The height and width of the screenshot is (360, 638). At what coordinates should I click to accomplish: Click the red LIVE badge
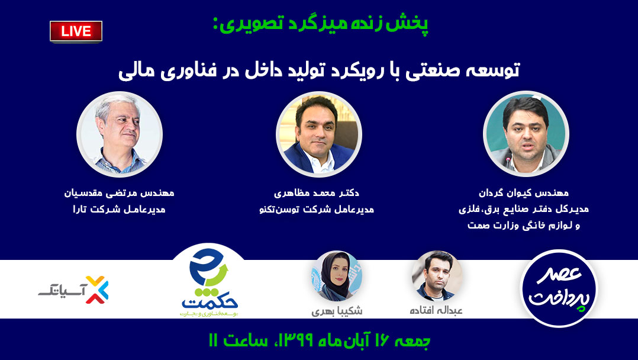[x=76, y=32]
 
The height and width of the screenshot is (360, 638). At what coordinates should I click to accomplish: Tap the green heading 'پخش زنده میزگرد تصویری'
[x=320, y=25]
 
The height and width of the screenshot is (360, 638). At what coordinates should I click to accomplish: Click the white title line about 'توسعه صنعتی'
[x=319, y=70]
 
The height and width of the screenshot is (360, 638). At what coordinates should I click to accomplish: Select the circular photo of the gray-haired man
[x=120, y=134]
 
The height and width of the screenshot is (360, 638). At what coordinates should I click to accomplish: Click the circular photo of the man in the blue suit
[x=319, y=134]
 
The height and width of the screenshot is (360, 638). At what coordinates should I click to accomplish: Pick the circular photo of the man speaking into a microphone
[x=526, y=134]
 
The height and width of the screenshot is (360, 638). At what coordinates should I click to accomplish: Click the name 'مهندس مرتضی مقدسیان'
[x=119, y=193]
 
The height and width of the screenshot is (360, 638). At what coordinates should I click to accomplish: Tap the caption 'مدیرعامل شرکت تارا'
[x=119, y=210]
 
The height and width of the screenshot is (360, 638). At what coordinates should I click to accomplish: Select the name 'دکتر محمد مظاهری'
[x=317, y=193]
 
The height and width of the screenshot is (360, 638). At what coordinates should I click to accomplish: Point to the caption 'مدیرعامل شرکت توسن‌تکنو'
[x=317, y=210]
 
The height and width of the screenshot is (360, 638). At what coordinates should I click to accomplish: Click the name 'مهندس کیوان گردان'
[x=524, y=193]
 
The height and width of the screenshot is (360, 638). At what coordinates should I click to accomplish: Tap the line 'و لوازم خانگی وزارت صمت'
[x=524, y=225]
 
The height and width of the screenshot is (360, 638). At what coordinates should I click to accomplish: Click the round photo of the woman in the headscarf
[x=337, y=276]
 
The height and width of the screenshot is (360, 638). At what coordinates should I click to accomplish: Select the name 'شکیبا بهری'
[x=337, y=311]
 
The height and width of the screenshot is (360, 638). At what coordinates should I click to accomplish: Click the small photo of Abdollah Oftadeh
[x=437, y=276]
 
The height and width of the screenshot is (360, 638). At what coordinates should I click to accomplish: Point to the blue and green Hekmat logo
[x=209, y=282]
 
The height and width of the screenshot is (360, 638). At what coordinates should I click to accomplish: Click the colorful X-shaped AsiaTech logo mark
[x=97, y=290]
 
